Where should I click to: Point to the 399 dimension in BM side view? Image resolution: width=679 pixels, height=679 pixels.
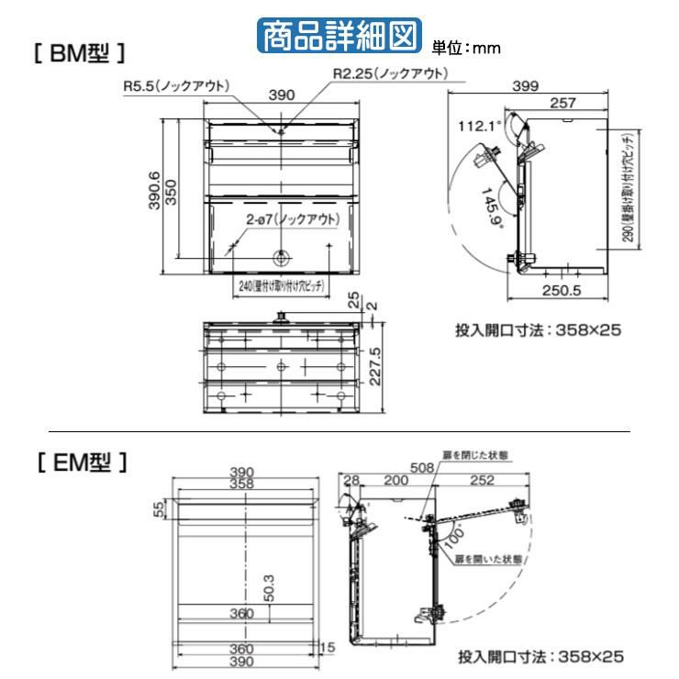(526, 84)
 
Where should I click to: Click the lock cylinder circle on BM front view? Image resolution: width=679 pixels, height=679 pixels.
(280, 258)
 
